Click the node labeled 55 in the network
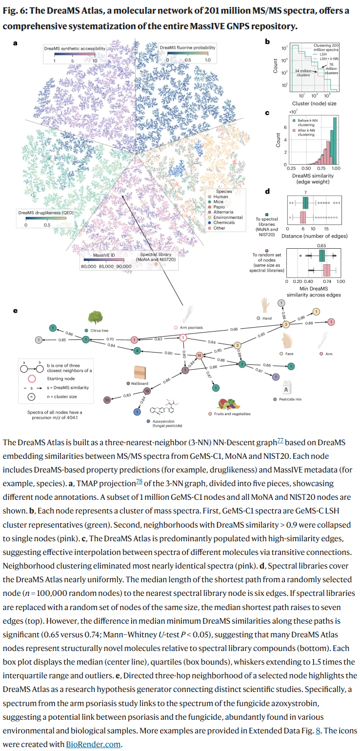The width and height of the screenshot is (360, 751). pos(107,399)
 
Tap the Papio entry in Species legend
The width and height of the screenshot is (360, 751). pos(220,207)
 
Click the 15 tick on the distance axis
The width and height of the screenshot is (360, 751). pos(326,228)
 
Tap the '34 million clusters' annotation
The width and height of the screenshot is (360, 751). pos(304,73)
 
